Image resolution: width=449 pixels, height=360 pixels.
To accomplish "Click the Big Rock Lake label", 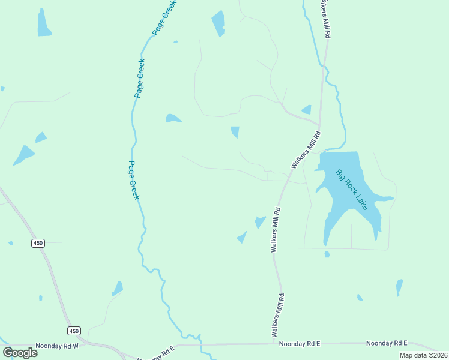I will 352,190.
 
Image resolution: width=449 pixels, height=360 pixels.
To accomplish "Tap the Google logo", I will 20,353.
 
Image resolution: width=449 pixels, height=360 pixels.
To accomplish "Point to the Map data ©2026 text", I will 424,355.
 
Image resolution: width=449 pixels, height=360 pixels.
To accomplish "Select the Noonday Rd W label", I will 61,346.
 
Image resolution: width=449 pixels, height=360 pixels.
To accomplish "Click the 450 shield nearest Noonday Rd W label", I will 74,331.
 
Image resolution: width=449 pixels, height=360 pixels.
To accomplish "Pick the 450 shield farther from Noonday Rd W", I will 38,242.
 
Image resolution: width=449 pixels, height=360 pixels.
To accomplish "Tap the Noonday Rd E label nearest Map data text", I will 387,343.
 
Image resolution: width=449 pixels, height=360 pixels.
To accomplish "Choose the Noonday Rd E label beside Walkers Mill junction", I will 300,343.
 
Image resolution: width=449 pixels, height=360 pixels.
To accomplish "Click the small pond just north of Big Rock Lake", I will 307,110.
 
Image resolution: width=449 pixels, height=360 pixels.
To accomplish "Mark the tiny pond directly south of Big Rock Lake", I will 327,254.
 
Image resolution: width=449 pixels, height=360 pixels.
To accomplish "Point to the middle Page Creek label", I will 140,78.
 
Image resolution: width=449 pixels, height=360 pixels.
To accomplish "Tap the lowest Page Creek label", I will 134,180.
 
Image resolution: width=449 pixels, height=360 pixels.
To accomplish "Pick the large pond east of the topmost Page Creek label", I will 218,23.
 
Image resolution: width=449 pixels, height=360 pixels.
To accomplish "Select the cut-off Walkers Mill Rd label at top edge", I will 325,18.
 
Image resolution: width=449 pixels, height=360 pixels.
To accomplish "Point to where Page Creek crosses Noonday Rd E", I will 201,344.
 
